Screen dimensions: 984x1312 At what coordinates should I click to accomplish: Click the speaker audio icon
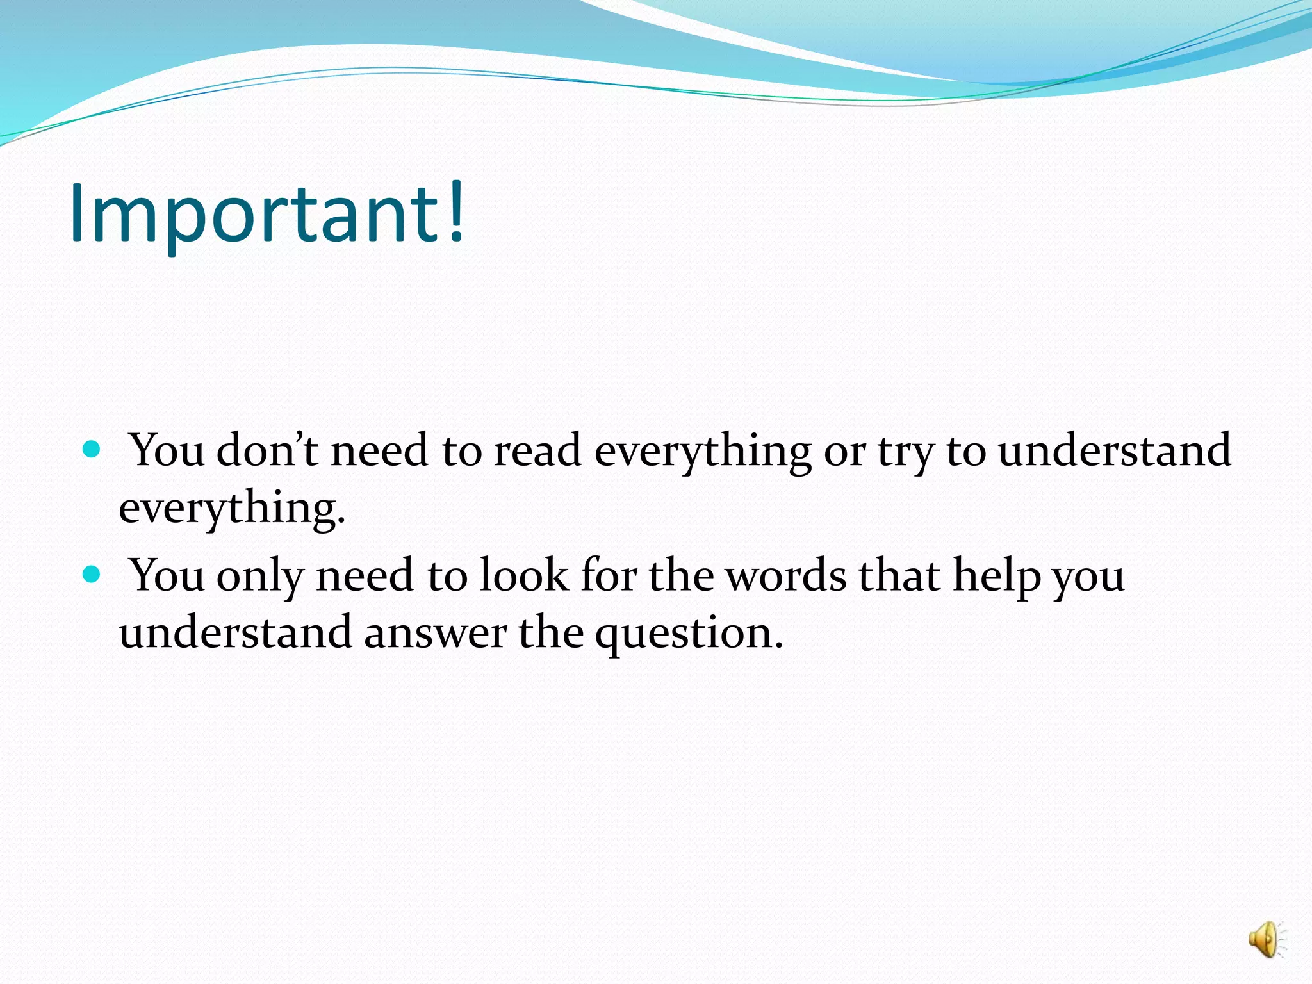point(1266,940)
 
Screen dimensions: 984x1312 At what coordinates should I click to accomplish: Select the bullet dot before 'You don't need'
point(92,449)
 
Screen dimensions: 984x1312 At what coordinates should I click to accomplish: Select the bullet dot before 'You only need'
point(92,574)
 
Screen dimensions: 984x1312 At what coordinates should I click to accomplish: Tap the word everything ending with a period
point(232,508)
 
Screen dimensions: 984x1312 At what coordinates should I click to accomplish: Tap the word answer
point(435,632)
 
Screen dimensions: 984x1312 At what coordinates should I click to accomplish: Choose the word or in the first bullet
point(844,450)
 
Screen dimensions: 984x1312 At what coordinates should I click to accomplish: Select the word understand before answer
point(235,632)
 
